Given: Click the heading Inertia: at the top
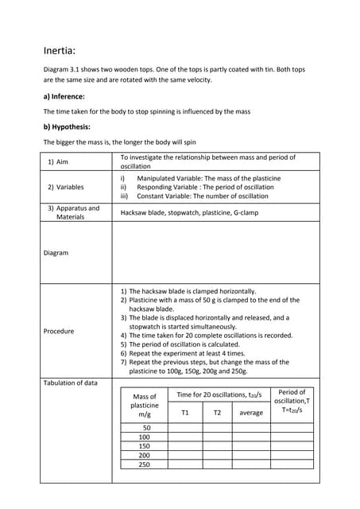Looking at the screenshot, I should pos(60,51).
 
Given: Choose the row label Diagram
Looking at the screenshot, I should pos(56,253).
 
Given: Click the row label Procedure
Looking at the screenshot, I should pos(59,331).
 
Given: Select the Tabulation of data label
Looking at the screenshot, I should pos(71,383).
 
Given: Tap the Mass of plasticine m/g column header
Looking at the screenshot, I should pos(145,405).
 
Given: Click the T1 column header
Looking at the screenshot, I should pos(185,413).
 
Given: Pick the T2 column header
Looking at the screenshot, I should pos(217,413).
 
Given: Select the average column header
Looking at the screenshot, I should pos(251,413).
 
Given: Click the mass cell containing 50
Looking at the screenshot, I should pos(145,428).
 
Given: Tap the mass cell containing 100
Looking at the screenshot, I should pos(145,437).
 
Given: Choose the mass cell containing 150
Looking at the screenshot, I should pos(145,446).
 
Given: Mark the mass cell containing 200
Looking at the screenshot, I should pos(145,456).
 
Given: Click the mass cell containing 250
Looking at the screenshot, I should pos(145,464).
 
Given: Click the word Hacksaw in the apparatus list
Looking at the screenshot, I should pos(135,213).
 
